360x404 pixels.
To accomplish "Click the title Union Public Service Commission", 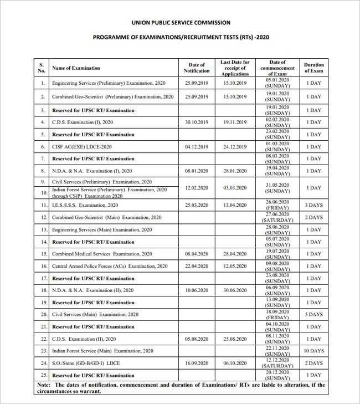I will click(x=181, y=23).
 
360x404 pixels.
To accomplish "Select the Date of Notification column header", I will click(x=197, y=68).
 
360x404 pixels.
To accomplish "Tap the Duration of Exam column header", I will click(x=313, y=68).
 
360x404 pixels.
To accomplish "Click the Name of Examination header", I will click(x=76, y=68).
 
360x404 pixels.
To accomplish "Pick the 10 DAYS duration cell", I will click(x=313, y=351).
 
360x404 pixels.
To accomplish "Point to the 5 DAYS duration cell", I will click(x=313, y=314).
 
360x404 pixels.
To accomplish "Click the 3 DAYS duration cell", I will click(x=313, y=205).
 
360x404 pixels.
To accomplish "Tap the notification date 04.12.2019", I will click(x=197, y=147).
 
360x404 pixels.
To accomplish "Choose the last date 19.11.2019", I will click(x=235, y=122).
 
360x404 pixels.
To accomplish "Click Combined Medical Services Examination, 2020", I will click(x=102, y=254).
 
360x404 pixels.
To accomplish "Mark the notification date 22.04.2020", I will click(x=197, y=266).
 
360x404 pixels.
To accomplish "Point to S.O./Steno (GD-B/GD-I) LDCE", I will click(x=86, y=363).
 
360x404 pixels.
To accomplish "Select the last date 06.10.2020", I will click(x=235, y=363).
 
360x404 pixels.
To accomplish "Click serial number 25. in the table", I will click(x=43, y=375).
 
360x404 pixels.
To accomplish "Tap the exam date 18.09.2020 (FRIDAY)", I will click(x=277, y=314).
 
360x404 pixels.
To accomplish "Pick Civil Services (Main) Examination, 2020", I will click(x=95, y=314).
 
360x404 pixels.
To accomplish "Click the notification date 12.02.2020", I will click(x=197, y=187).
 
